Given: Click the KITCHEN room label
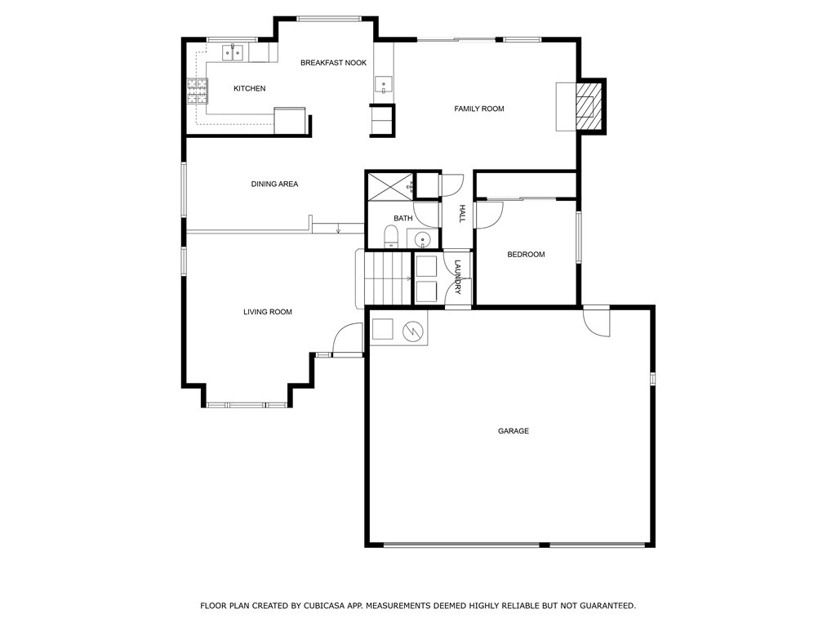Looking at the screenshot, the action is pos(250,88).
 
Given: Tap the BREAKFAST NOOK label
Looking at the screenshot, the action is pos(334,63).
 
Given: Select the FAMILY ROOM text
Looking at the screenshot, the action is pos(478,109).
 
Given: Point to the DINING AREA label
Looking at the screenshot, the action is pos(274,184).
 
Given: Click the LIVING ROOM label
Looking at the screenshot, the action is pos(268,312).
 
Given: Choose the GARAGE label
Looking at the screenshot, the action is pos(514,431).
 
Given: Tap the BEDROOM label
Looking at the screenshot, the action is pos(526,255).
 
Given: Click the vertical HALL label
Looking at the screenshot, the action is pos(462,213).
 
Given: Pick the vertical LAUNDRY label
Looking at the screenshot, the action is pos(457,277).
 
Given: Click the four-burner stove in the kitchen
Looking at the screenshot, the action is pos(197,91).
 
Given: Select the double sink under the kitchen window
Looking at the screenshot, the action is pos(233,53).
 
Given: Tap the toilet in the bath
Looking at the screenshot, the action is pos(391,236).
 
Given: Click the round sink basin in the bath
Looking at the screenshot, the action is pos(423,240).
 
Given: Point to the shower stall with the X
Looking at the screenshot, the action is pos(389,186).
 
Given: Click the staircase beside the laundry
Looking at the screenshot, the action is pos(384,278).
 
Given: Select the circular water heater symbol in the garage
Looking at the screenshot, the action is pos(412,331).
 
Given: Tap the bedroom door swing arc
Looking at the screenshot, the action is pos(490,216).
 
